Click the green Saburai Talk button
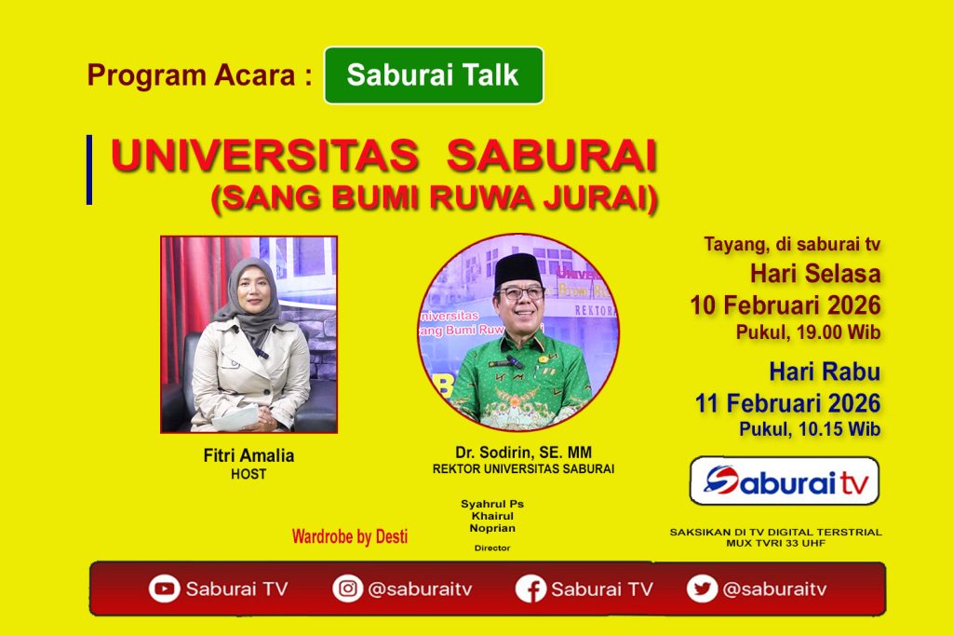[x=434, y=75]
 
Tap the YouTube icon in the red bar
[x=164, y=589]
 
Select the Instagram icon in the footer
[x=348, y=589]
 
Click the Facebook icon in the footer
[x=530, y=589]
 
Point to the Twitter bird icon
[x=702, y=589]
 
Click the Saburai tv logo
[x=784, y=480]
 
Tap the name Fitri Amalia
[x=248, y=455]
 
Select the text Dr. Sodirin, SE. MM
[x=523, y=453]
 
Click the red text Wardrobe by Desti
[x=350, y=536]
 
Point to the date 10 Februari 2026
[x=785, y=305]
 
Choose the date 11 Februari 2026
[x=787, y=403]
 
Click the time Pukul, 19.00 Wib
[x=809, y=332]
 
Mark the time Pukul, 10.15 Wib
[x=810, y=429]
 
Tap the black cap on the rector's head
[x=517, y=270]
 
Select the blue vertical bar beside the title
[x=89, y=169]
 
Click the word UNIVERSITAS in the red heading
[x=265, y=156]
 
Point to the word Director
[x=492, y=548]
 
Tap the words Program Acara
[x=191, y=75]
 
